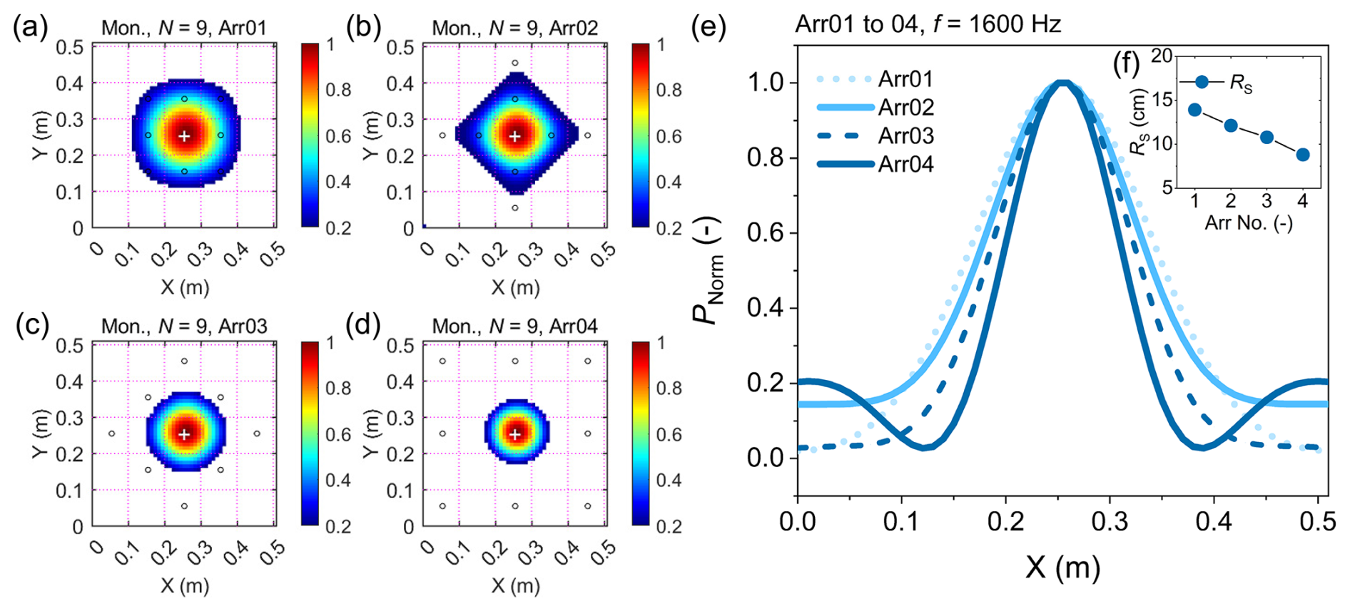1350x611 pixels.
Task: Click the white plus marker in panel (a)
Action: (x=185, y=135)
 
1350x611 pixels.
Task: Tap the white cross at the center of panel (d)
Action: (x=515, y=433)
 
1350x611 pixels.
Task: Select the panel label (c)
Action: (x=32, y=326)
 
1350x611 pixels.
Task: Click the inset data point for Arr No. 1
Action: (x=1194, y=110)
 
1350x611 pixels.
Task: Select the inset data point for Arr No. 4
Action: (x=1303, y=155)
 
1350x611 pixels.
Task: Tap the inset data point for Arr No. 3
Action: (x=1267, y=138)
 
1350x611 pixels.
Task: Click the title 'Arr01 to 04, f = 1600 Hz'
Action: (x=928, y=25)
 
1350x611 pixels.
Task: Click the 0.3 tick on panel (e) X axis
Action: (x=1110, y=522)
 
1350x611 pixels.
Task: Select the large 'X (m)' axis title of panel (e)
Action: (x=1062, y=568)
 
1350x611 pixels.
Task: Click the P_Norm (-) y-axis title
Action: (x=709, y=271)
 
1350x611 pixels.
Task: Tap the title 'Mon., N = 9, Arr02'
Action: (x=514, y=29)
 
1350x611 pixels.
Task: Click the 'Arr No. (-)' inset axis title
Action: (x=1248, y=223)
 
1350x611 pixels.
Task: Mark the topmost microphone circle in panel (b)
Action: (x=515, y=63)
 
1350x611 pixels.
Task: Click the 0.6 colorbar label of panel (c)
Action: (x=669, y=434)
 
